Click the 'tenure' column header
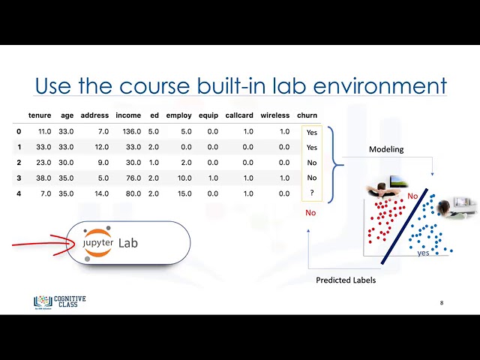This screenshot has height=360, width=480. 40,115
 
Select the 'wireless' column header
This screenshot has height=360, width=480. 275,115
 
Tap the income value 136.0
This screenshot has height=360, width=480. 132,132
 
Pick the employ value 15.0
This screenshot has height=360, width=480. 184,193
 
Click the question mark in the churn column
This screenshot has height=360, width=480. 312,193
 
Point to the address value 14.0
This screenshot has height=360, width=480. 102,193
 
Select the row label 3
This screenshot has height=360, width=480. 19,178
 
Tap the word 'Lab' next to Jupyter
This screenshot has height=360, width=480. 128,243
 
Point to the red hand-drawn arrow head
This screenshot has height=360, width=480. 69,244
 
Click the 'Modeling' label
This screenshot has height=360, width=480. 386,149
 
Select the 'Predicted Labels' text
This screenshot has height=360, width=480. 346,280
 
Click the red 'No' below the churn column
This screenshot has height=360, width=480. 310,213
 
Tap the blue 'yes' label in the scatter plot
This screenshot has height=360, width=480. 423,253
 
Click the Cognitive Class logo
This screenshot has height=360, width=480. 60,302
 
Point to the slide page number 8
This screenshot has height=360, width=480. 442,303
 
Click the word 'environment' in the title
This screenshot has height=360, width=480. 380,85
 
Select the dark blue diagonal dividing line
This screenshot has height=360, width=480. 404,226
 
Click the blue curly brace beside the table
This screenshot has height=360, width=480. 335,165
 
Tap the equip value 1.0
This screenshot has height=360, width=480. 213,178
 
